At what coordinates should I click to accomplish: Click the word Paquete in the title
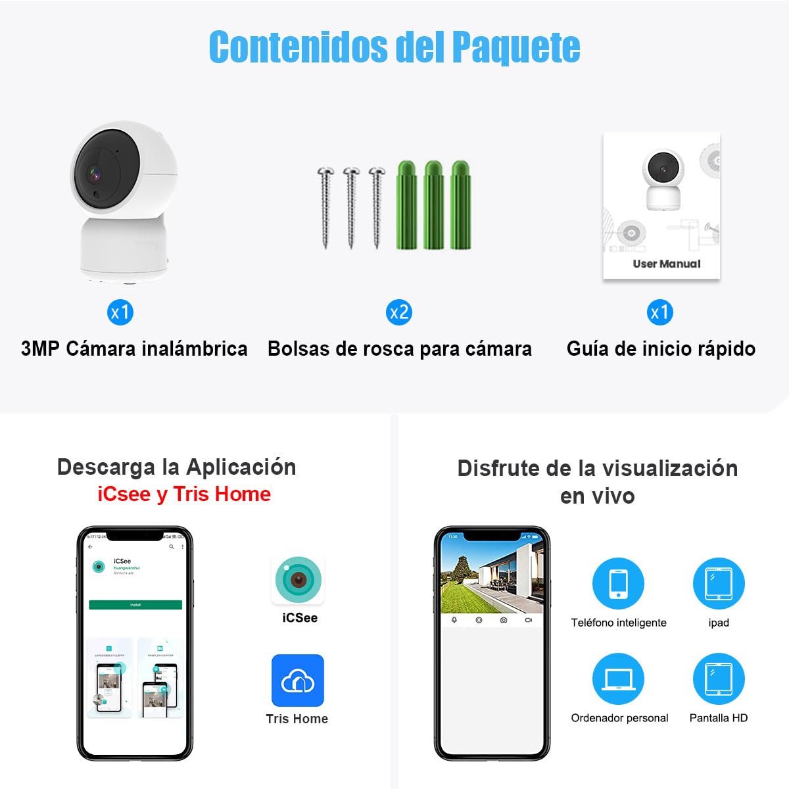tap(516, 47)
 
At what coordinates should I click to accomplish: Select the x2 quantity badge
tap(399, 312)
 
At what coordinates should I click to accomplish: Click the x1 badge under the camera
tap(120, 312)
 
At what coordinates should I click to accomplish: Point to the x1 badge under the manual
tap(659, 312)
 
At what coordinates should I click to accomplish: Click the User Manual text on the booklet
tap(666, 264)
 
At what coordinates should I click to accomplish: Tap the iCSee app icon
tap(299, 579)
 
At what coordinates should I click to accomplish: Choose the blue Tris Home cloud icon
tap(298, 681)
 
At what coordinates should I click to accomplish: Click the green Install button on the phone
tap(135, 604)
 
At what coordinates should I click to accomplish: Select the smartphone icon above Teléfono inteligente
tap(618, 584)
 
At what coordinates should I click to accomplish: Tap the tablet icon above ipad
tap(718, 584)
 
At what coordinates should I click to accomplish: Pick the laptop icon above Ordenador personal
tap(618, 679)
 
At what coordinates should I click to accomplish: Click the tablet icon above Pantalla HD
tap(718, 679)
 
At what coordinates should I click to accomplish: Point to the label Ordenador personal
tap(619, 718)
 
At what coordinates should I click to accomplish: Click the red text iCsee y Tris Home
tap(184, 494)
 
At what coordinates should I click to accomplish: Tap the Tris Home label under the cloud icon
tap(297, 719)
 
